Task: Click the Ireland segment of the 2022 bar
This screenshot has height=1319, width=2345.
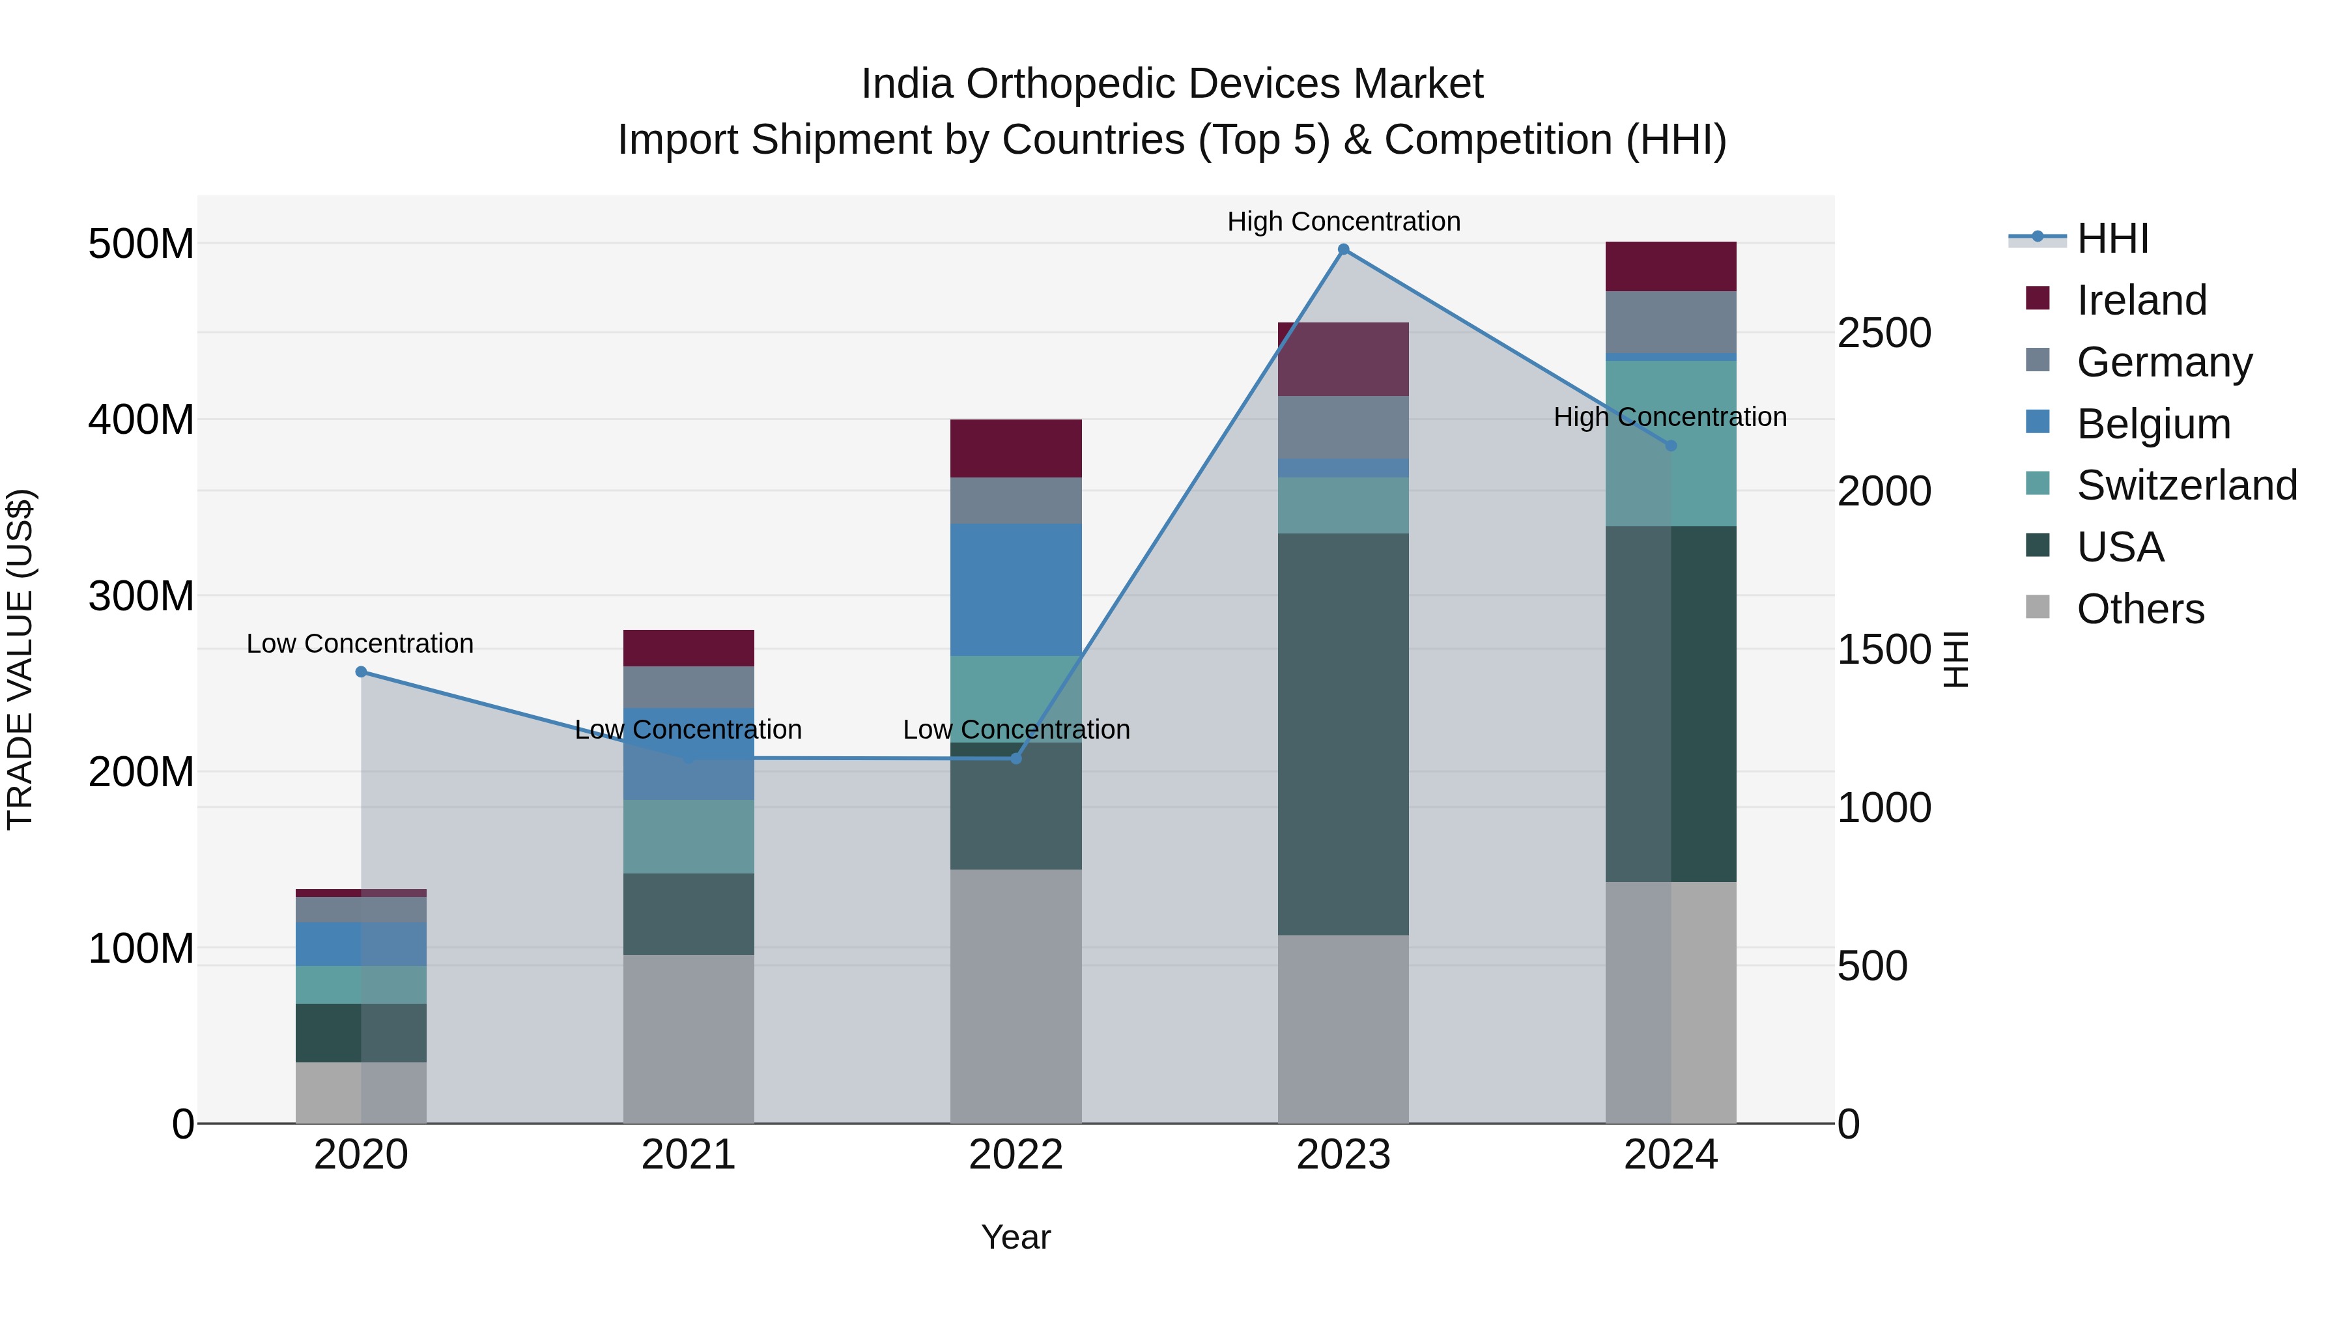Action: click(1016, 448)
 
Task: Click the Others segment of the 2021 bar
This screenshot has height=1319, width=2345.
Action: click(689, 1038)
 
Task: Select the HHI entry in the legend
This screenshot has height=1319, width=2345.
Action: click(2111, 238)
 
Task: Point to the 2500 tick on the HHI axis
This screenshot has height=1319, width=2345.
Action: click(1883, 333)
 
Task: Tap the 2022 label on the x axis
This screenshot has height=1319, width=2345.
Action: click(1016, 1155)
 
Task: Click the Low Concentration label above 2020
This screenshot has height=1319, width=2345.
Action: click(360, 644)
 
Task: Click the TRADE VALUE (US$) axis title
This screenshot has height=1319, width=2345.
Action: click(20, 659)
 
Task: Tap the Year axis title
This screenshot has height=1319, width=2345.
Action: click(1016, 1237)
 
